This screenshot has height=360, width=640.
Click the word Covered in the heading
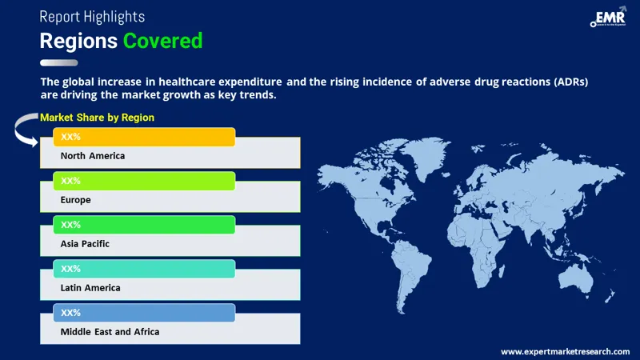point(162,40)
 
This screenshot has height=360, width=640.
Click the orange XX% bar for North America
point(144,138)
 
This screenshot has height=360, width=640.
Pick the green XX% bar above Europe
point(144,181)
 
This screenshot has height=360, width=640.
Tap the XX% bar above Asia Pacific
point(144,225)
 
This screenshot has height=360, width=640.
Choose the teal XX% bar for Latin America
point(144,269)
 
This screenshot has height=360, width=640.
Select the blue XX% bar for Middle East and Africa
point(144,312)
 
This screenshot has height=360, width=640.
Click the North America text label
point(93,156)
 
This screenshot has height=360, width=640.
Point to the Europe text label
point(76,200)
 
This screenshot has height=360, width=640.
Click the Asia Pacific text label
point(85,243)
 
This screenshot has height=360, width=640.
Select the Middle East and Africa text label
point(110,330)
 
